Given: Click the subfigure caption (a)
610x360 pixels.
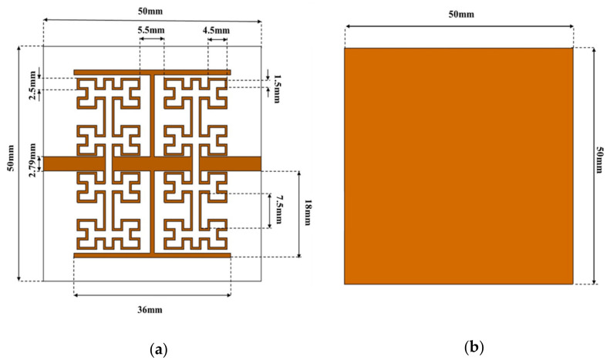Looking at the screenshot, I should (160, 349).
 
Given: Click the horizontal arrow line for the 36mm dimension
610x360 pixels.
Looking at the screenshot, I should (151, 294).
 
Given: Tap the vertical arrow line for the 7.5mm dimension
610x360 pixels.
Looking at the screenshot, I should (269, 210).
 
